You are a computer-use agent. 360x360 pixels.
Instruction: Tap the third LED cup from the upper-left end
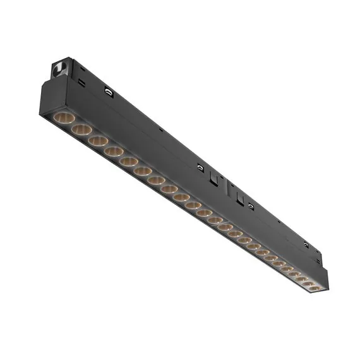97,140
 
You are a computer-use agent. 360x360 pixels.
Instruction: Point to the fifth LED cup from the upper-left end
129,161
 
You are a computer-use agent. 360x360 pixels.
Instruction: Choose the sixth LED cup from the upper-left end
143,171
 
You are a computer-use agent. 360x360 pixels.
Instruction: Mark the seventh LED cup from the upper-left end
157,180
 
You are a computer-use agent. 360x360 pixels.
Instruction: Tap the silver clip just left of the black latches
200,167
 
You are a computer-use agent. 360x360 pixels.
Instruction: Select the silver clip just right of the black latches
251,205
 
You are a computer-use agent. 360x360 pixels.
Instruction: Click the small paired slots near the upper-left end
83,82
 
